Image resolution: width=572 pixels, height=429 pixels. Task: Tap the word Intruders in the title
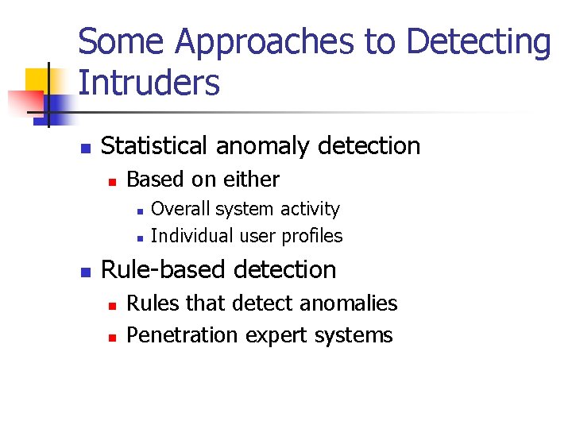(149, 83)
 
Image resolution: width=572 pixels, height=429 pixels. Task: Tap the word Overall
(180, 209)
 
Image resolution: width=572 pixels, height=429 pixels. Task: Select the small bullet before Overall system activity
(138, 211)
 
